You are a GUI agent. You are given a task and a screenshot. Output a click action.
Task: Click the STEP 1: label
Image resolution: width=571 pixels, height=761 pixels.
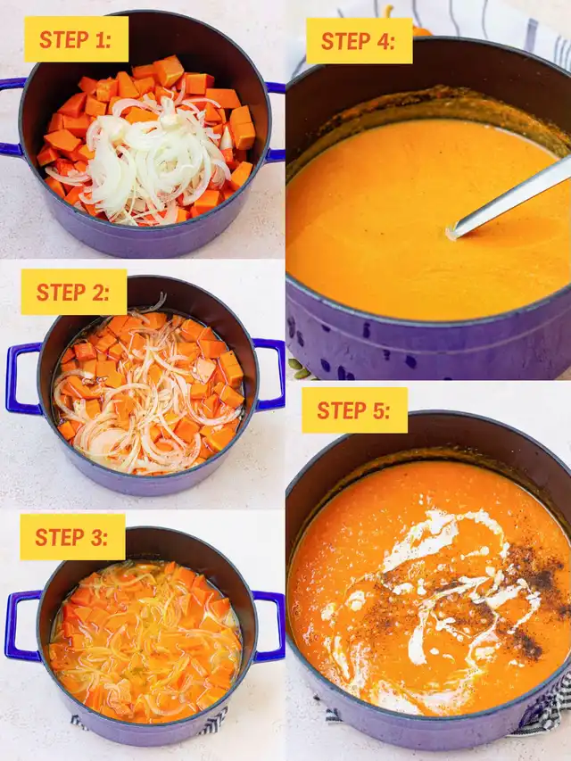pyautogui.click(x=76, y=39)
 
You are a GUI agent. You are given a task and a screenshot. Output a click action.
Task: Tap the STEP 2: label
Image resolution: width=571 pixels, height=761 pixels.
pyautogui.click(x=74, y=292)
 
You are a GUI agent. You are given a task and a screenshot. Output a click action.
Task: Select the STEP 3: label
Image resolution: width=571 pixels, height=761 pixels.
pyautogui.click(x=72, y=537)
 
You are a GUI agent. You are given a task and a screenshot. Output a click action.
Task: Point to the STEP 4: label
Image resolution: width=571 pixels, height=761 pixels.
pyautogui.click(x=359, y=41)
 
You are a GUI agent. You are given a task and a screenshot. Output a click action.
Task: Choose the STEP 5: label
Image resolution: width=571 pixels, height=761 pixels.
pyautogui.click(x=354, y=410)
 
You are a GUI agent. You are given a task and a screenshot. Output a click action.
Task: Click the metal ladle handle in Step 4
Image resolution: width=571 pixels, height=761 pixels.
pyautogui.click(x=509, y=198)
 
